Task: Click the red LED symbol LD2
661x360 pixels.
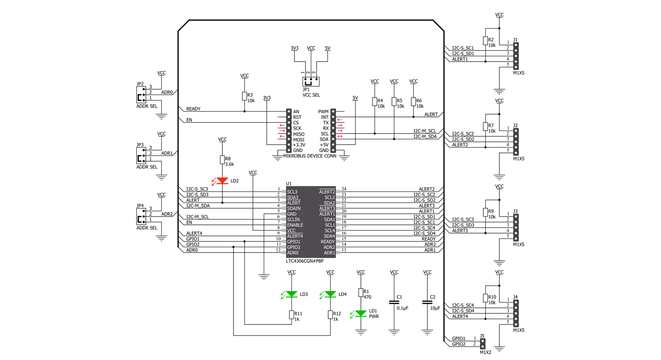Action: (222, 181)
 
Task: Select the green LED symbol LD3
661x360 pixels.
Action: (291, 294)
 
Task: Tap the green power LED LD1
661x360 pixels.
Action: (360, 314)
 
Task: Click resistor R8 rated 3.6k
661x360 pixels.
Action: (222, 160)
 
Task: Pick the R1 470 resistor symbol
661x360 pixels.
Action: (360, 293)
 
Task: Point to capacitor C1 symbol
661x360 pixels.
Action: (394, 302)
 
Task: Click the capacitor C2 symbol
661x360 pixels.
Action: (427, 302)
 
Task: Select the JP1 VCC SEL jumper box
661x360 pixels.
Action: (311, 82)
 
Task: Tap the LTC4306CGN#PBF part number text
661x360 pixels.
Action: (305, 261)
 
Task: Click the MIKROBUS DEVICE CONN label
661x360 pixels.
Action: (310, 156)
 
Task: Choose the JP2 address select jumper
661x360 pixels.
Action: (141, 95)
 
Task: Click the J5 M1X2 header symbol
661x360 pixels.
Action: (483, 344)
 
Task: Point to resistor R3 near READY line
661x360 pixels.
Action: (244, 96)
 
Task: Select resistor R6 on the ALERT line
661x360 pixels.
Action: (413, 102)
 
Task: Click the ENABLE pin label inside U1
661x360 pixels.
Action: (295, 225)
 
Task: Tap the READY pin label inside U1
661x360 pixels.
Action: (327, 242)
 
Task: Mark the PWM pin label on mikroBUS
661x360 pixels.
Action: (323, 112)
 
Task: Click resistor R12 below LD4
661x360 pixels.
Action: (330, 315)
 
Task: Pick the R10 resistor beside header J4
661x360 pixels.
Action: (485, 298)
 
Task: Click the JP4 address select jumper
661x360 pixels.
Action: (141, 216)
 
